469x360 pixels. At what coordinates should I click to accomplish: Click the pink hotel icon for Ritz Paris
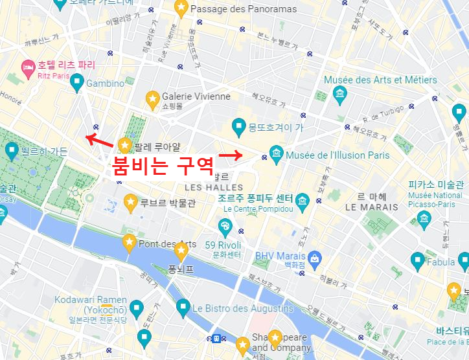[x=28, y=67]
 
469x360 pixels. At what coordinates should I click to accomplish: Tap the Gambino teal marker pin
[x=77, y=82]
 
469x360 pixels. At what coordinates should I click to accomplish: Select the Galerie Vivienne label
[x=196, y=96]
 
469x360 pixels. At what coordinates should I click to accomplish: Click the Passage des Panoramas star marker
[x=181, y=8]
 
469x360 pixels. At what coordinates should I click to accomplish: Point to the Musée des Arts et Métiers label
[x=380, y=80]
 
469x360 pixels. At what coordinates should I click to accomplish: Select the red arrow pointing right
[x=230, y=155]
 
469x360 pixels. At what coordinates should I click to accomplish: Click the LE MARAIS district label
[x=371, y=207]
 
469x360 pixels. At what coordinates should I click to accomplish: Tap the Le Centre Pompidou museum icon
[x=303, y=199]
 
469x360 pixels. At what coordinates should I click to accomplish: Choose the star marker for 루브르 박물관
[x=130, y=202]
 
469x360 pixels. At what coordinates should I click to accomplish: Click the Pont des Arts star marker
[x=129, y=243]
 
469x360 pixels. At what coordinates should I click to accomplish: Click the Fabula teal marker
[x=418, y=261]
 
